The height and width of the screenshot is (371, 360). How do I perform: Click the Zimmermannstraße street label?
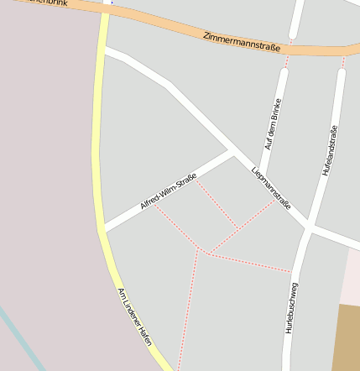[242, 42]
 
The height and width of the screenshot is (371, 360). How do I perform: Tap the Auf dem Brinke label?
[272, 124]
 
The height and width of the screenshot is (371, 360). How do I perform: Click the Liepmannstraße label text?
[270, 187]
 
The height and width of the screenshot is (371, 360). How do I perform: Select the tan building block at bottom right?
[348, 336]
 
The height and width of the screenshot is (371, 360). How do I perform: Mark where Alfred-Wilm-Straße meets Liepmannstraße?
[233, 152]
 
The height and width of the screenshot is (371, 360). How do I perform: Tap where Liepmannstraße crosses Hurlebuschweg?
[309, 227]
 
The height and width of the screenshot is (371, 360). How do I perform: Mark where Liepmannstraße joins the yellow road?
[104, 52]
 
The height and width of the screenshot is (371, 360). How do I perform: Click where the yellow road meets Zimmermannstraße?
[106, 10]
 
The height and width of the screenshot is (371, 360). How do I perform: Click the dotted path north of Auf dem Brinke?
[288, 55]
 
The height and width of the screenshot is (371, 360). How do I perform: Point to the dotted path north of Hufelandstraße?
[343, 60]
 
